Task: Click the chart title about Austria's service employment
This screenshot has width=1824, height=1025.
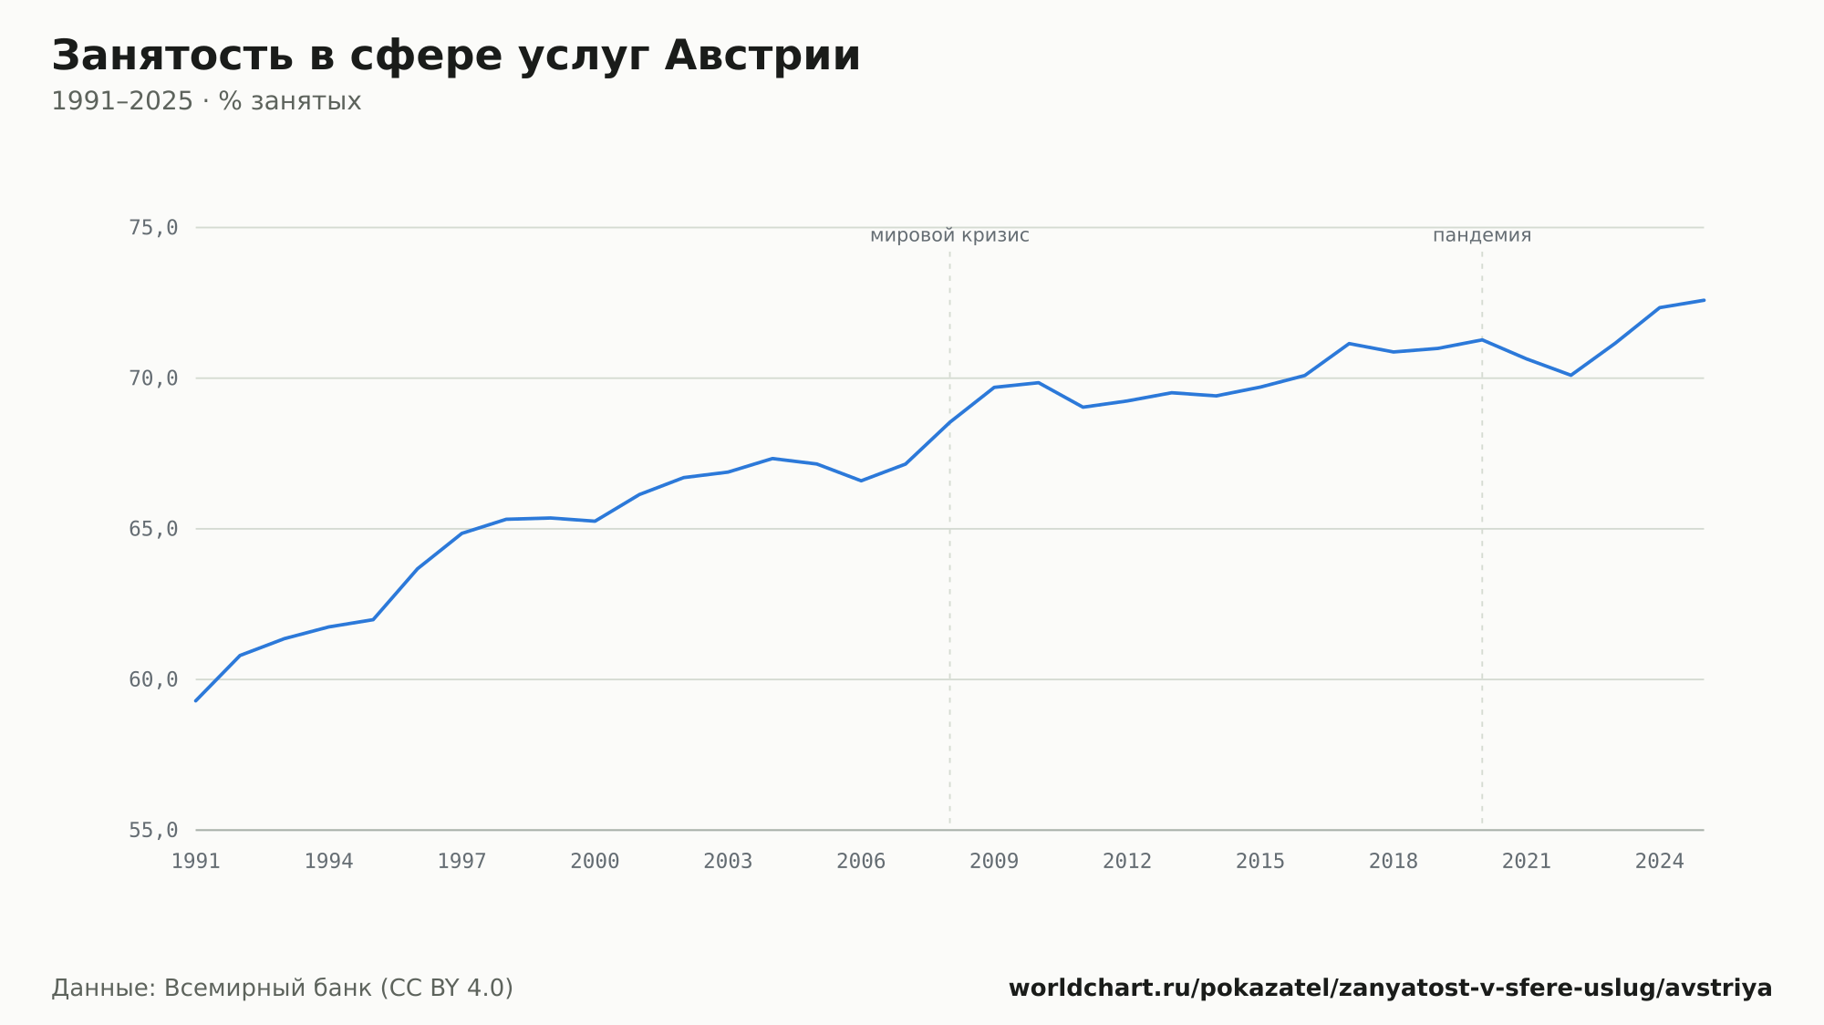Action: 456,57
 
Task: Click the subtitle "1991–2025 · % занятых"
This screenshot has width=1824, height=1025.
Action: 206,101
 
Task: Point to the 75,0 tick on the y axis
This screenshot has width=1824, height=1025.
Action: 153,228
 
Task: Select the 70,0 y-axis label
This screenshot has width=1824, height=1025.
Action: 153,378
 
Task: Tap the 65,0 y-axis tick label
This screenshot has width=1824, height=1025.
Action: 153,529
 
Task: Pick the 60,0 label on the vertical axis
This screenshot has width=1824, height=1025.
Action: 153,679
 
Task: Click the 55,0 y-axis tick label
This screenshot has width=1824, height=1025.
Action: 153,830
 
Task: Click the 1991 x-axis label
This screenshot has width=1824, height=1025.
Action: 196,862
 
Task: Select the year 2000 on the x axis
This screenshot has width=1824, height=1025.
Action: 595,862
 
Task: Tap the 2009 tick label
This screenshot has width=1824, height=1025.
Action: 994,862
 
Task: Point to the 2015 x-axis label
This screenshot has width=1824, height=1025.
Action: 1260,862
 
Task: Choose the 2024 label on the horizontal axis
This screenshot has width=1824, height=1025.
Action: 1660,862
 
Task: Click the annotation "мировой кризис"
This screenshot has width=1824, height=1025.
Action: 949,235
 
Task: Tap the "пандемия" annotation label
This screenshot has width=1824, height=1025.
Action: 1482,235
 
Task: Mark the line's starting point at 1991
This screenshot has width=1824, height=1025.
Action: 196,700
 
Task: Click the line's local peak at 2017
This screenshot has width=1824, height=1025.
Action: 1349,344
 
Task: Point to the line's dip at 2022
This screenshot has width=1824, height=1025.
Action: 1570,375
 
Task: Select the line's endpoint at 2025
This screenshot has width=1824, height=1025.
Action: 1704,300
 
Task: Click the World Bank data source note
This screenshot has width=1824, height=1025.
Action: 283,989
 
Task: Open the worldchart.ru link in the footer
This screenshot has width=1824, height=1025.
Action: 1391,989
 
